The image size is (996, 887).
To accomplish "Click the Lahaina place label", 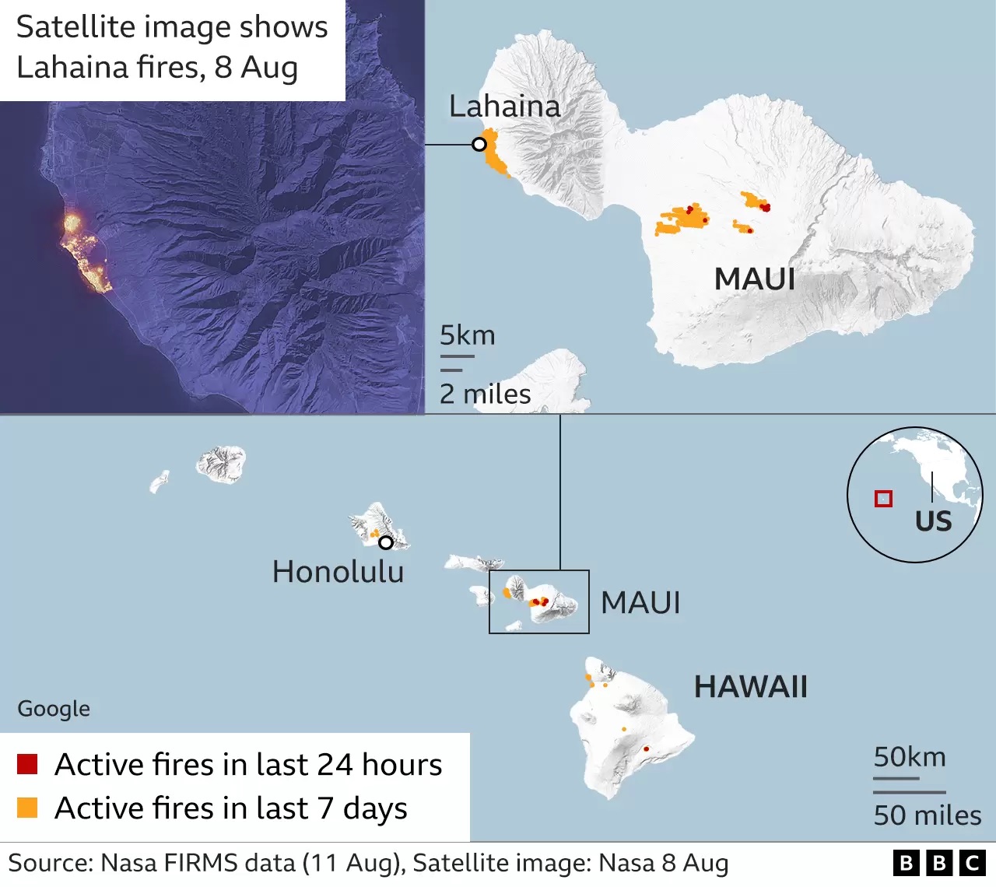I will (x=504, y=107).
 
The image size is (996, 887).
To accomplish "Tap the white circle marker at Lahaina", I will (x=479, y=145).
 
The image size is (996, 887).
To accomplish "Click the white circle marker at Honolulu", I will (x=385, y=542).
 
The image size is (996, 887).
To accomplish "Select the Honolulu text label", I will (x=338, y=572).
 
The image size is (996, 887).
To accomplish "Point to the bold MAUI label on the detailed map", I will (x=755, y=279).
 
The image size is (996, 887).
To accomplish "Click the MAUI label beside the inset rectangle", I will (x=640, y=602).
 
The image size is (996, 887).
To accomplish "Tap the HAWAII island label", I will (x=750, y=686).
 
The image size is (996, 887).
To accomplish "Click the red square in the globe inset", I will (x=883, y=499).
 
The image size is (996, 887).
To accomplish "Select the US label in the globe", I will (x=933, y=521).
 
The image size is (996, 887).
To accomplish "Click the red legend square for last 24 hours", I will (x=27, y=764).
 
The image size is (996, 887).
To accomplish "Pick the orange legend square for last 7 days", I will (x=27, y=808).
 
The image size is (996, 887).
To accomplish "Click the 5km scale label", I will (x=467, y=335).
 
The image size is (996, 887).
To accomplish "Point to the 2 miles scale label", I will (x=485, y=394).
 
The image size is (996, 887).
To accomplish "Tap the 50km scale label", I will (x=909, y=756).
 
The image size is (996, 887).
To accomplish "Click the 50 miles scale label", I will (x=927, y=815).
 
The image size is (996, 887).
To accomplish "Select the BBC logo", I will (x=939, y=863).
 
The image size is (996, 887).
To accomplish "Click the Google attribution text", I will (x=54, y=708).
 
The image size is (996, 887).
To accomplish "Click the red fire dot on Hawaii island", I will (x=646, y=749).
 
